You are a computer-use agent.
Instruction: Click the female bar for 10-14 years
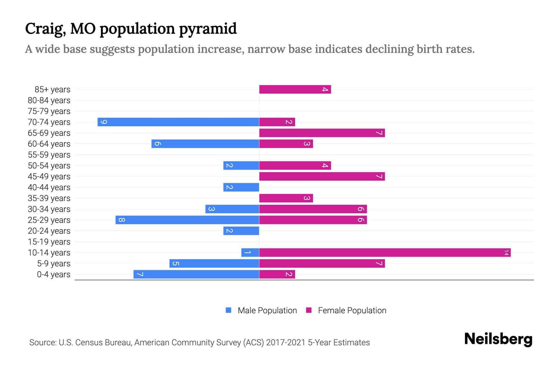point(385,253)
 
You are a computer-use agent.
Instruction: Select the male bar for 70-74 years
point(178,122)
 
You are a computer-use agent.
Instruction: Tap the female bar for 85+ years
point(295,90)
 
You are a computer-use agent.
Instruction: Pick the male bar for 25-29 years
point(187,220)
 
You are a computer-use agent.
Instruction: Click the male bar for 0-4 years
point(196,274)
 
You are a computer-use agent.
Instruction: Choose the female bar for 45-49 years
point(322,177)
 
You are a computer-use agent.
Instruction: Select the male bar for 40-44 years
point(241,187)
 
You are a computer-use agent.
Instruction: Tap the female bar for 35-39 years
point(286,198)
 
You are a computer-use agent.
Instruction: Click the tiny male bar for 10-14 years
point(250,253)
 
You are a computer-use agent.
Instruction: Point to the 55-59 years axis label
point(49,155)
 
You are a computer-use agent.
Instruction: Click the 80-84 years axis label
point(49,100)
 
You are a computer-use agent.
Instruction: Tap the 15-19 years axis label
point(49,242)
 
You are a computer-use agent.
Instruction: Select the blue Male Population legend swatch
point(229,310)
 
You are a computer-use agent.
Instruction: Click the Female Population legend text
point(352,311)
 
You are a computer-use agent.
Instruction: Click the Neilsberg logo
point(498,339)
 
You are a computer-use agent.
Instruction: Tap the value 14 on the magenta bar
point(506,253)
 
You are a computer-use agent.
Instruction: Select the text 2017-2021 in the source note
point(286,343)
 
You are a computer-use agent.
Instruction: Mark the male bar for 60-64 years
point(205,144)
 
